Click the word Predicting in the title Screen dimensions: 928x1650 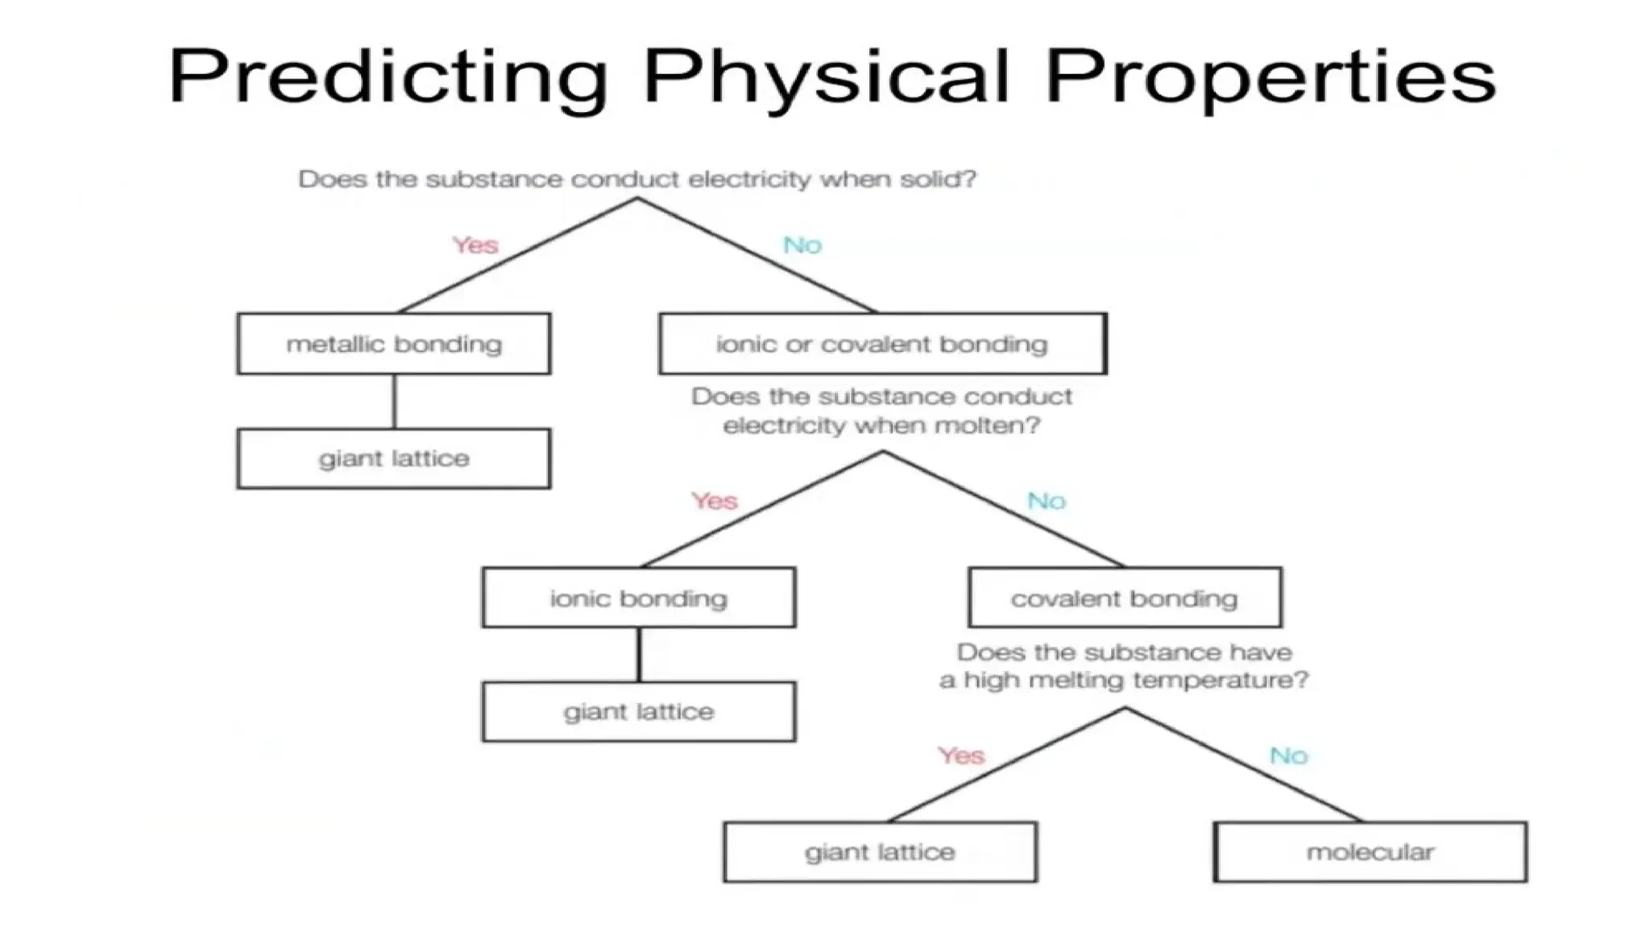tap(387, 77)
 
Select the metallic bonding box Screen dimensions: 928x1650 tap(394, 344)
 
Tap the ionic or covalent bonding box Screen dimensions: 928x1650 tap(882, 344)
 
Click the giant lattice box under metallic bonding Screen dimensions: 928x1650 tap(394, 458)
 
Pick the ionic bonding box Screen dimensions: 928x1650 tap(639, 598)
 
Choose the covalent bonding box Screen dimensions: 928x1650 tap(1125, 598)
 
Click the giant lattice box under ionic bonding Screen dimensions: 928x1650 tap(639, 711)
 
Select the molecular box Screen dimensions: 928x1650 tap(1370, 851)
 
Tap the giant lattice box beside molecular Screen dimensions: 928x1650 tap(880, 851)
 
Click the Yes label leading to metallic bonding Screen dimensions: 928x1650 tap(475, 245)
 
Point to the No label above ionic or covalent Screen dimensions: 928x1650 tap(802, 245)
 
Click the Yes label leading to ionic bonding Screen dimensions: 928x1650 tap(715, 501)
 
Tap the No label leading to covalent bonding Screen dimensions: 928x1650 tap(1047, 501)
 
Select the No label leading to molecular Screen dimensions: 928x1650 tap(1288, 756)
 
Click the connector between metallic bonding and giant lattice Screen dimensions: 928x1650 tap(394, 401)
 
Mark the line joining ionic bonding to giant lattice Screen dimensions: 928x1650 tap(639, 654)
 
